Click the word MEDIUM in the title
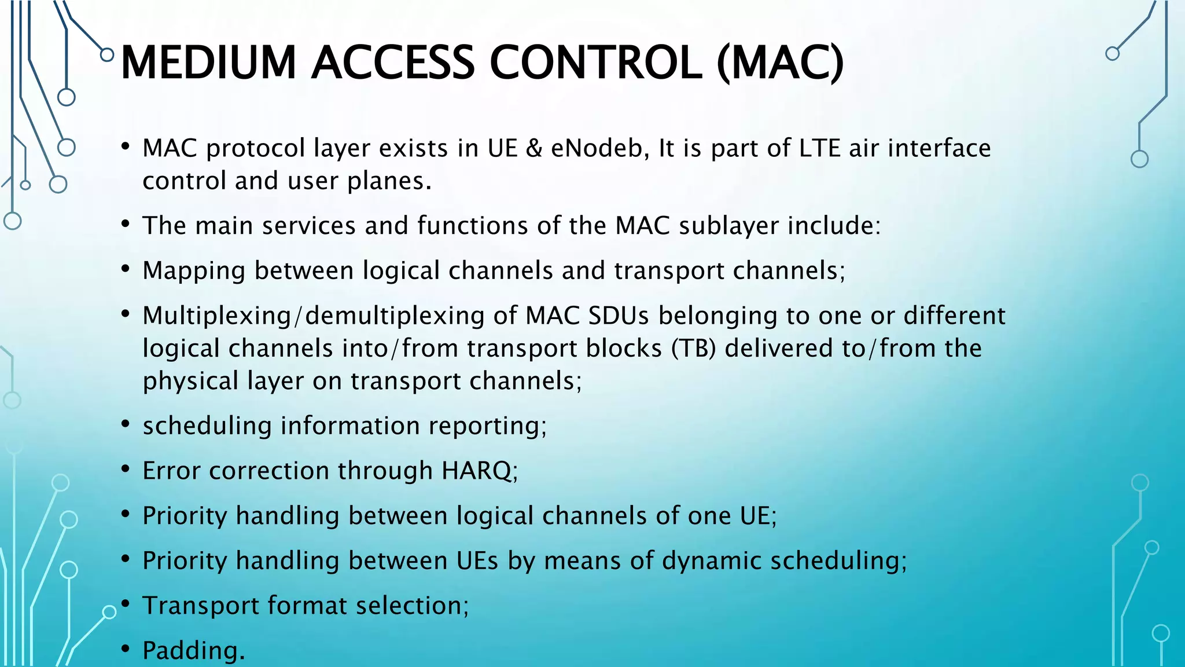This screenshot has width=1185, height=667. point(208,63)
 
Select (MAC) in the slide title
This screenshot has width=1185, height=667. point(780,63)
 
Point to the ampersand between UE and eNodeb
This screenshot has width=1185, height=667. point(534,148)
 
